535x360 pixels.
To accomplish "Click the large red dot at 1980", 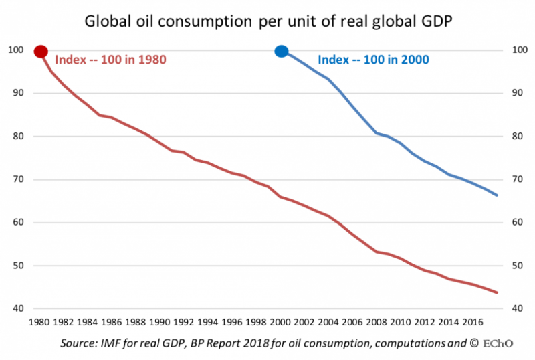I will click(41, 52).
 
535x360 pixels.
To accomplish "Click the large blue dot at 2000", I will click(282, 52).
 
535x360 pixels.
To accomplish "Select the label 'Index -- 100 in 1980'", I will click(110, 60).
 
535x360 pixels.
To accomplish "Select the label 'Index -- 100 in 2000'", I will click(373, 60).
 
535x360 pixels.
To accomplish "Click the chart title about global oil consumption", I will click(267, 22).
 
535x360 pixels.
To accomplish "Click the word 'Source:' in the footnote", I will click(80, 344).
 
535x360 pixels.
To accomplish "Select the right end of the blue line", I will click(497, 195).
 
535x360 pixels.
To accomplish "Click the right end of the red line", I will click(497, 292).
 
